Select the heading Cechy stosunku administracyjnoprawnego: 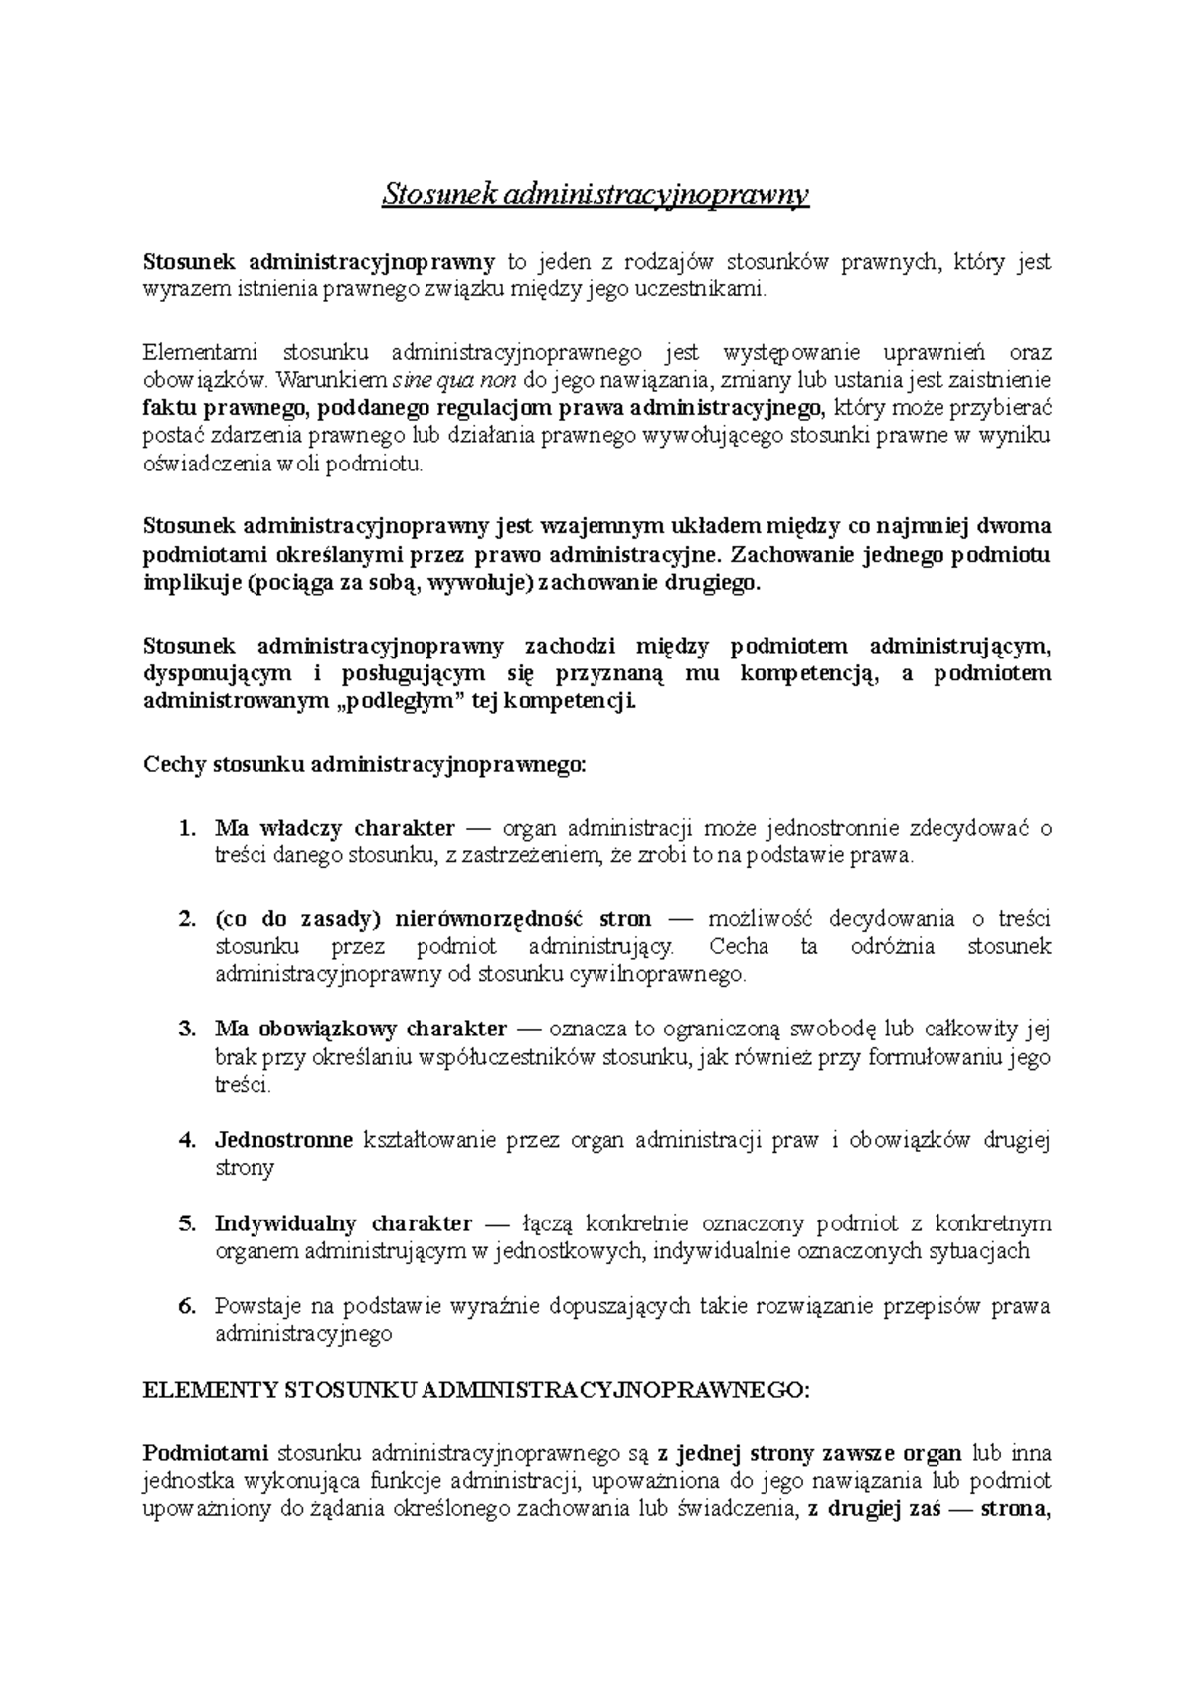pyautogui.click(x=366, y=766)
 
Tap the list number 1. pyautogui.click(x=186, y=828)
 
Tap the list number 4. pyautogui.click(x=186, y=1140)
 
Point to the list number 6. pyautogui.click(x=186, y=1306)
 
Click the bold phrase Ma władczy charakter pyautogui.click(x=335, y=828)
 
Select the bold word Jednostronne pyautogui.click(x=283, y=1140)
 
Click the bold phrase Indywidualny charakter pyautogui.click(x=343, y=1223)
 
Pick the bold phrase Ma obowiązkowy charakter pyautogui.click(x=361, y=1030)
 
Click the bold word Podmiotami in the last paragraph pyautogui.click(x=207, y=1453)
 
